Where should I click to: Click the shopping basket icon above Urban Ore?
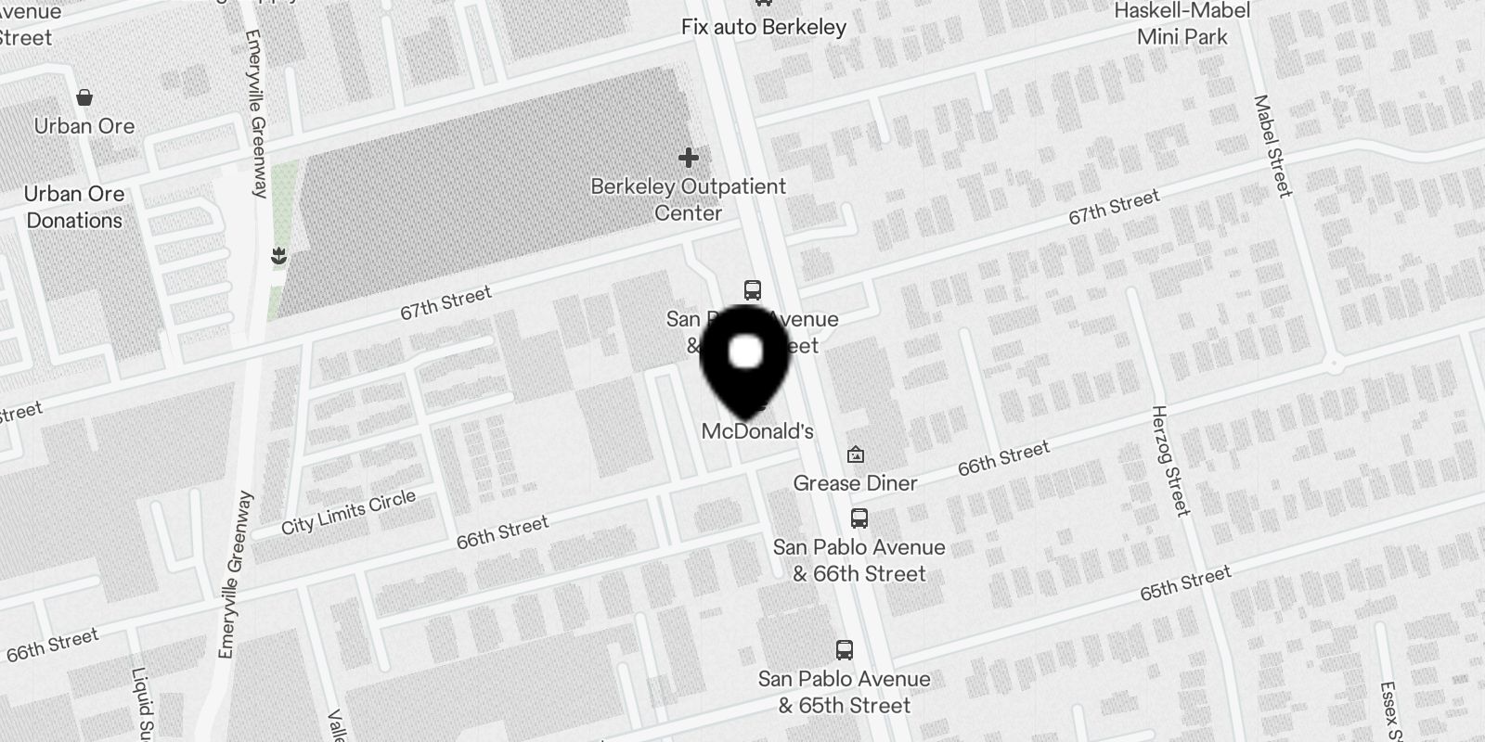click(84, 97)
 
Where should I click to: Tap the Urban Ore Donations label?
click(74, 207)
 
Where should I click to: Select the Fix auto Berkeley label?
click(763, 27)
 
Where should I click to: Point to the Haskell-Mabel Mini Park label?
click(1182, 24)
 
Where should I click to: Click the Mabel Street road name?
click(1272, 147)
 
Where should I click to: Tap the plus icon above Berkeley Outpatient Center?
click(688, 157)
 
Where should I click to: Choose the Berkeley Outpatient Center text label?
click(688, 199)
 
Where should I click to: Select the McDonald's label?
click(757, 431)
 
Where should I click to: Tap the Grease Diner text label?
click(855, 483)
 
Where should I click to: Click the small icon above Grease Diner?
click(856, 454)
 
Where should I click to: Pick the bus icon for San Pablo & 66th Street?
click(859, 518)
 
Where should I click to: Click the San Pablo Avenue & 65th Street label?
click(844, 692)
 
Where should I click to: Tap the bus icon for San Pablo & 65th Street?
click(844, 650)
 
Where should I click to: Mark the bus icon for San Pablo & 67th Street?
click(753, 290)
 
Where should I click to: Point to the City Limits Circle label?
click(348, 513)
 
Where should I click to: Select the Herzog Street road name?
click(1169, 460)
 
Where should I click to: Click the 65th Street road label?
click(1185, 583)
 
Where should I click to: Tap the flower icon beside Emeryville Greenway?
click(278, 256)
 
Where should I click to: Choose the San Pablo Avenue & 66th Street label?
click(859, 560)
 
